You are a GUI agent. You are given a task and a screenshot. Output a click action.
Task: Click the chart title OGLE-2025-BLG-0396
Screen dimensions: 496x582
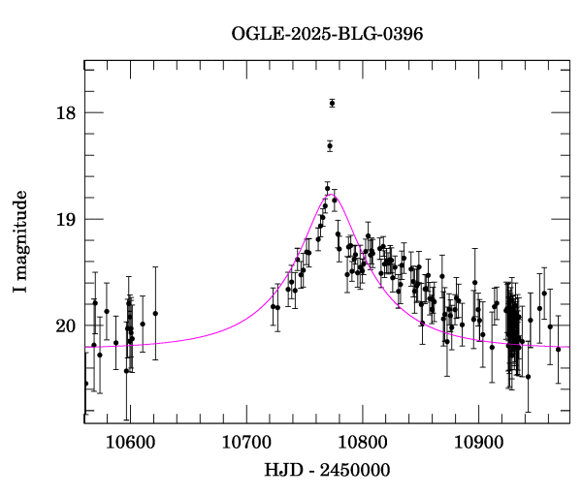coord(327,34)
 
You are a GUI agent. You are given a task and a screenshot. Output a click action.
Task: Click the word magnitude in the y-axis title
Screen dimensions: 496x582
coord(21,233)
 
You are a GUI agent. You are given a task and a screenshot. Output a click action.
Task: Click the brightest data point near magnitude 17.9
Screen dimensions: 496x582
coord(332,103)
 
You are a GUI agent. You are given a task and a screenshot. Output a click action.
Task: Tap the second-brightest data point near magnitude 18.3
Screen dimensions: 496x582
coord(330,145)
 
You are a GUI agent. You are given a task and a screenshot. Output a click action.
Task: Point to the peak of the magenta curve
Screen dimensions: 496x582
coord(332,195)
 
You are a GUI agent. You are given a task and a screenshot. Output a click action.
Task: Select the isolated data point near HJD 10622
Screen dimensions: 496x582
coord(155,313)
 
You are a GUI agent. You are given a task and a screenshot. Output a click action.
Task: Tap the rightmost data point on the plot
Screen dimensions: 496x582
coord(558,349)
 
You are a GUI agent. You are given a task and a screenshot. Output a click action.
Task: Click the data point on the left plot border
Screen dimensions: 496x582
coord(85,384)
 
